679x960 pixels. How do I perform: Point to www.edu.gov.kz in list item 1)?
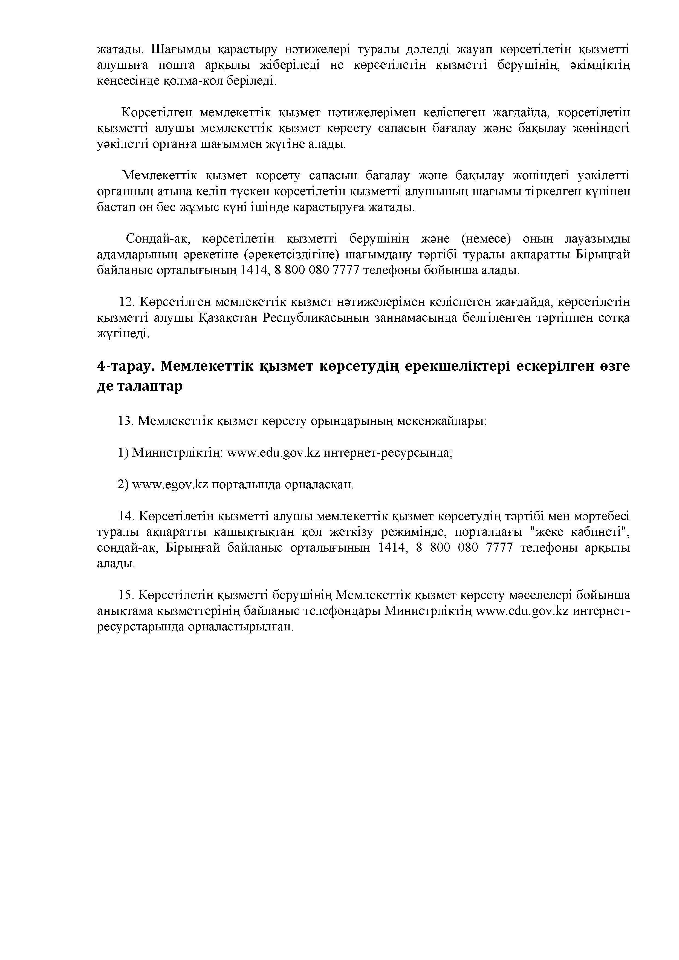click(x=273, y=453)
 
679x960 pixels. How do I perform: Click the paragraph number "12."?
click(x=127, y=302)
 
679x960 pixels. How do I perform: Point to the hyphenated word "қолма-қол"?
click(x=191, y=81)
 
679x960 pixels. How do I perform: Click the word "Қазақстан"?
click(x=227, y=318)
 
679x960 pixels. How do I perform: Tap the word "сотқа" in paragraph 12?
click(x=614, y=318)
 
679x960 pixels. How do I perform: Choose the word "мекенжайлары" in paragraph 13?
click(x=441, y=421)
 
